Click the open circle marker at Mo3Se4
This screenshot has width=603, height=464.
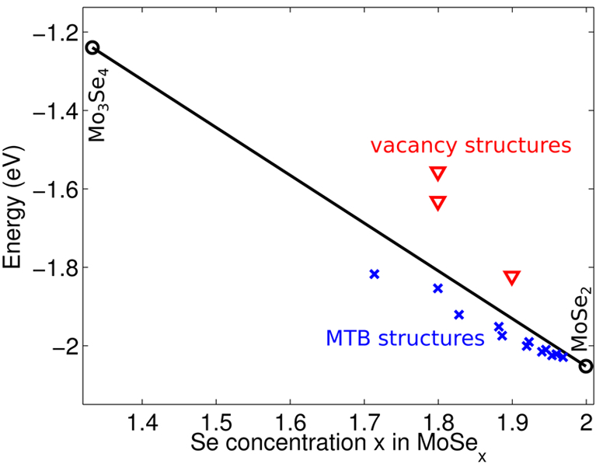tap(92, 47)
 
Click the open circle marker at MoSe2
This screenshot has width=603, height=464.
tap(586, 366)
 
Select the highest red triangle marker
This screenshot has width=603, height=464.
tap(437, 173)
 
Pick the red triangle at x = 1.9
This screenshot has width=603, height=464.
tap(511, 277)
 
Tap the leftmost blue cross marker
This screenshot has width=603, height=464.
tap(374, 274)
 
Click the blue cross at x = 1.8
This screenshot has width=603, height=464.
tap(437, 288)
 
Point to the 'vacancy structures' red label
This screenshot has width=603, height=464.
tap(471, 145)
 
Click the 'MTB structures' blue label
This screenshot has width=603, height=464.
tap(401, 338)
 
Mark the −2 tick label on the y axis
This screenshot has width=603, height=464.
tap(66, 346)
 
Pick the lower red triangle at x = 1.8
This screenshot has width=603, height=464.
tap(437, 203)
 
